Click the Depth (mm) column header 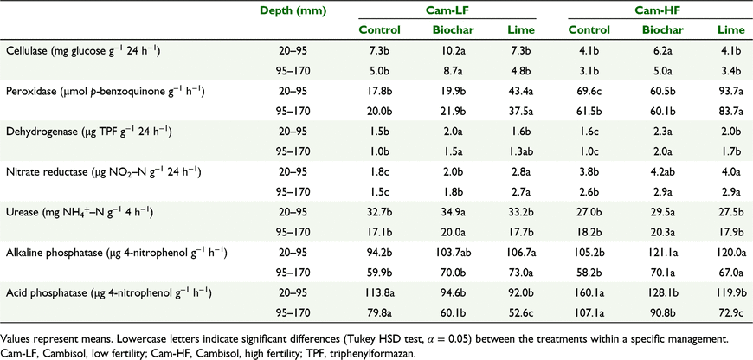[293, 10]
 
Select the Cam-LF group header [446, 10]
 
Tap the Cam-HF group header [656, 10]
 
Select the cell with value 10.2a [453, 50]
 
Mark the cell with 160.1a [589, 293]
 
